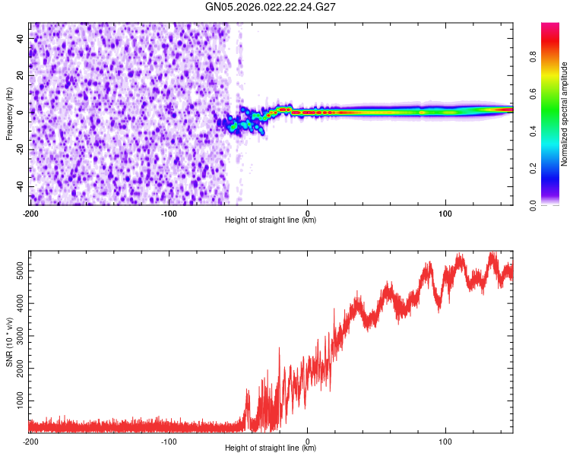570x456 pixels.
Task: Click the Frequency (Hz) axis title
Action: pos(9,113)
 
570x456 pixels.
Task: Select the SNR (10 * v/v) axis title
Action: pos(9,342)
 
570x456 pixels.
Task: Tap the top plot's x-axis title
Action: pos(271,220)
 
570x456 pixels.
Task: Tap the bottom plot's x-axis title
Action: pos(271,448)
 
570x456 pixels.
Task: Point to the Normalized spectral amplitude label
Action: pos(565,114)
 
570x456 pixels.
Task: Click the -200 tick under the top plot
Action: pos(30,213)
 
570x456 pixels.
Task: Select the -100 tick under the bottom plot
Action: pos(169,441)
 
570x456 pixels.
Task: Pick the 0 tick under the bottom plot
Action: pos(307,441)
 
